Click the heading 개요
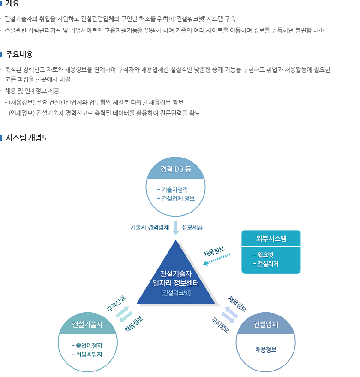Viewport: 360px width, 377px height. coord(12,4)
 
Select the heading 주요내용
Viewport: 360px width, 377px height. coord(19,54)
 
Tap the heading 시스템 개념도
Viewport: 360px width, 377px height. coord(27,138)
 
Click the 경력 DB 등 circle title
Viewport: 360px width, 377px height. coord(176,169)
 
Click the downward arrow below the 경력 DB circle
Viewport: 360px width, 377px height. coord(175,228)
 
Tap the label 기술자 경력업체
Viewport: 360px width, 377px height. coord(150,227)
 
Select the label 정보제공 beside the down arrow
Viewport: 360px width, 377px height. coord(192,227)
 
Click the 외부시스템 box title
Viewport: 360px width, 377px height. coord(271,238)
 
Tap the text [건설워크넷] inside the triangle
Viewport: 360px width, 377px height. coord(176,292)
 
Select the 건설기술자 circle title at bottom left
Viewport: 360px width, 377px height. coord(87,324)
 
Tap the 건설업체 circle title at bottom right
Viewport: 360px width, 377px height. coord(266,324)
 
